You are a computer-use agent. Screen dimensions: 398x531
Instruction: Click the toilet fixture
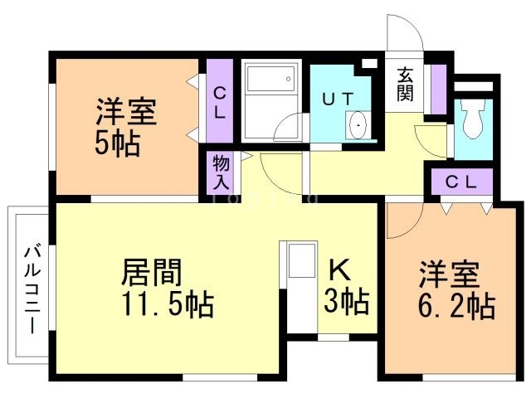[473, 121]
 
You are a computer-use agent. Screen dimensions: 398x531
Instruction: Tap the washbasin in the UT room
[359, 125]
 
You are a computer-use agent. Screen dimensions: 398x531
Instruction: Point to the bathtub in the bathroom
[269, 80]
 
